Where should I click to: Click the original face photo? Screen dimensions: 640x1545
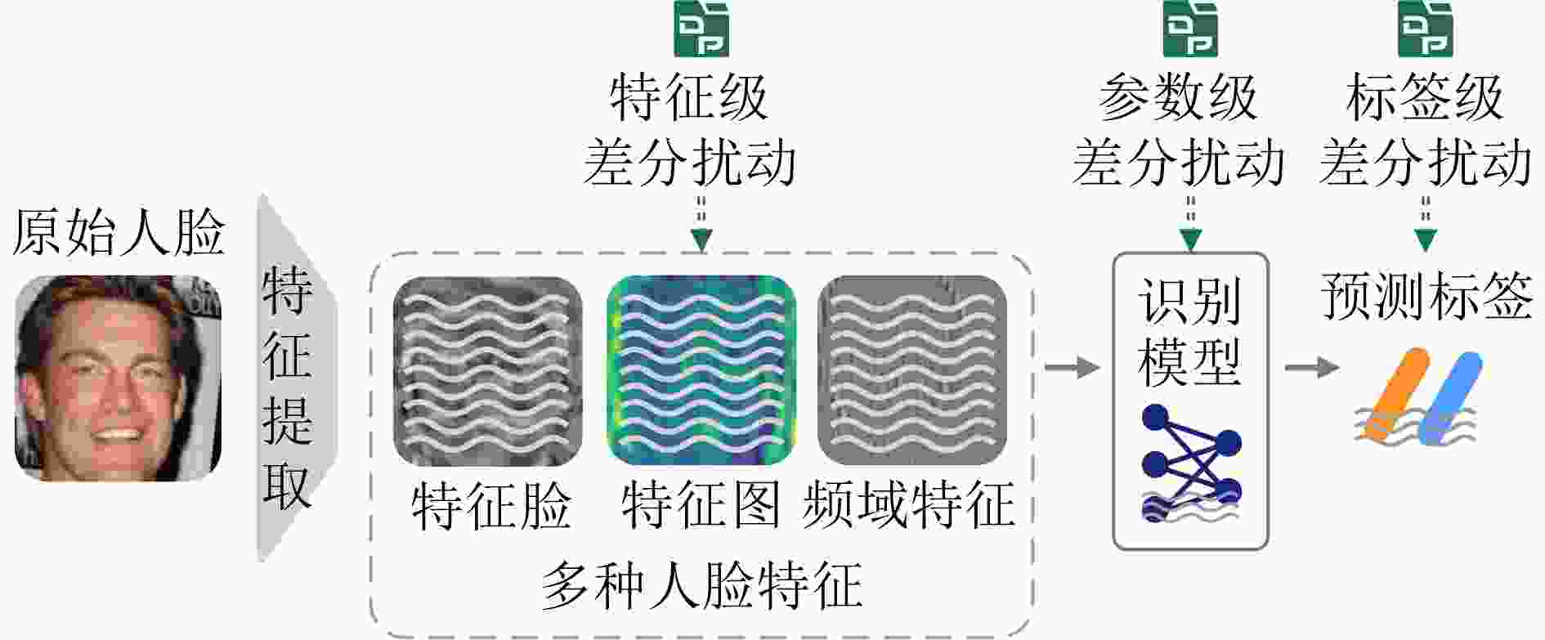[119, 378]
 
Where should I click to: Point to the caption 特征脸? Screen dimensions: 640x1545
[490, 505]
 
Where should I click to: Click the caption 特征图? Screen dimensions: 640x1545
[701, 505]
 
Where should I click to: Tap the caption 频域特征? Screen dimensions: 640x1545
[909, 505]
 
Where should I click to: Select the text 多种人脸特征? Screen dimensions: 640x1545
[701, 585]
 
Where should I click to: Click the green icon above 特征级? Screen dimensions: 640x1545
[701, 29]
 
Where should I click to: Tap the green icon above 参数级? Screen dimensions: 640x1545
[1190, 29]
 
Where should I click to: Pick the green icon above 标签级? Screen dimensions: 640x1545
[1425, 29]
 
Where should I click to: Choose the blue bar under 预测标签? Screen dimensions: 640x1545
[1451, 399]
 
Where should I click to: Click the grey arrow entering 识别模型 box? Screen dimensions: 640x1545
[1072, 368]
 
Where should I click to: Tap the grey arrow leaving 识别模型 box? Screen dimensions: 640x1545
[1311, 368]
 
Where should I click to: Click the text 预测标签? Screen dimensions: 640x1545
[1426, 296]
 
